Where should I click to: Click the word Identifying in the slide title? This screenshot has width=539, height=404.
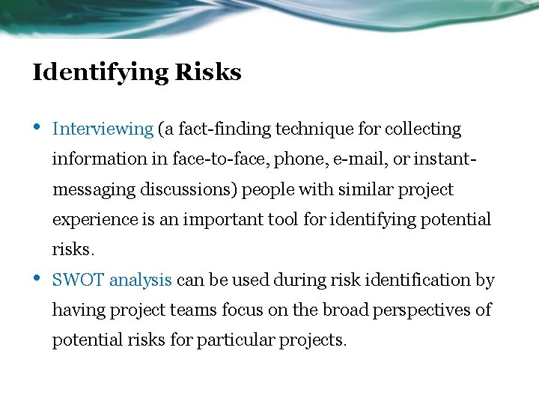[100, 73]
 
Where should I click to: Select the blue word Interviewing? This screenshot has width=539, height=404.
[103, 129]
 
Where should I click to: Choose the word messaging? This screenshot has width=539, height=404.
[94, 189]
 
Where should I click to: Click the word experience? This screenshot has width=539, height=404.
[94, 220]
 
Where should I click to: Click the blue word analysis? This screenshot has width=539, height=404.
[141, 280]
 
